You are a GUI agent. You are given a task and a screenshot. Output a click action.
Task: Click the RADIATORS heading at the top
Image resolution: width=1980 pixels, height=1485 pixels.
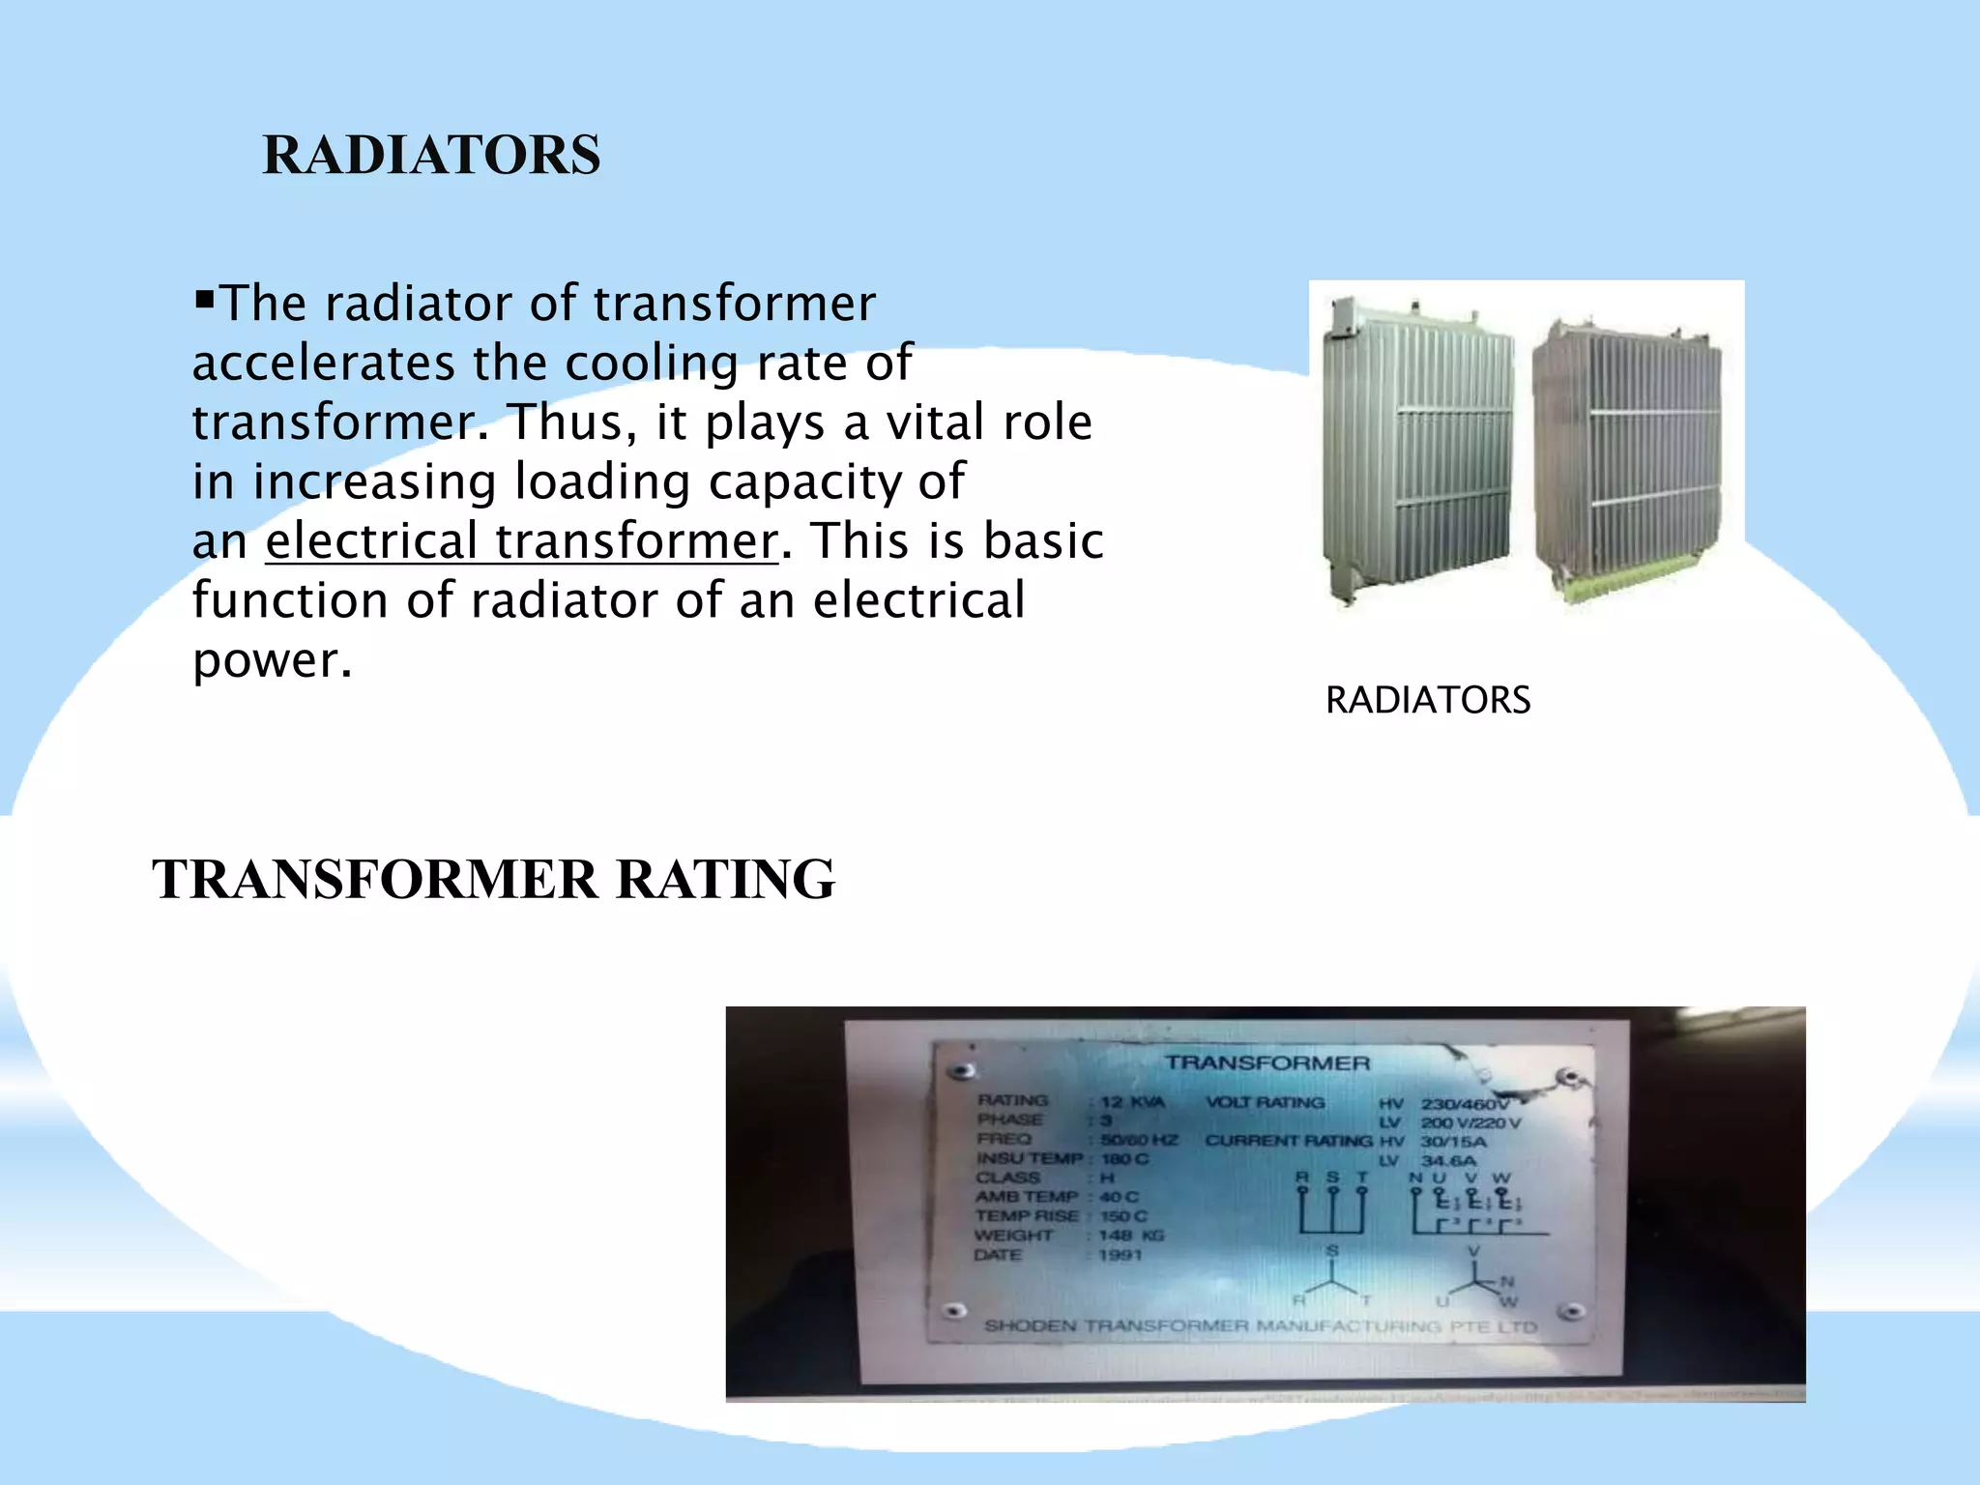click(x=431, y=155)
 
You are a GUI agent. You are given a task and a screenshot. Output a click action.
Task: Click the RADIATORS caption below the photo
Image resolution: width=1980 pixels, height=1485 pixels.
click(x=1427, y=700)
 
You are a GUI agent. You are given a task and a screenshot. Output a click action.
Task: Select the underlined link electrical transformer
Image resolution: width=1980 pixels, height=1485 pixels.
click(x=521, y=540)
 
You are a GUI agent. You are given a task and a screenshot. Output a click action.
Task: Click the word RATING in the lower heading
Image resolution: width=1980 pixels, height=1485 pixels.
click(x=724, y=879)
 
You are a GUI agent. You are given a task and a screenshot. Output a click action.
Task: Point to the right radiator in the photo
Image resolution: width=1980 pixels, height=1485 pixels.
click(x=1626, y=459)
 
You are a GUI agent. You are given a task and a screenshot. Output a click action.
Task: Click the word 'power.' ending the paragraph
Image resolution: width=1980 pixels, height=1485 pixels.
click(x=273, y=660)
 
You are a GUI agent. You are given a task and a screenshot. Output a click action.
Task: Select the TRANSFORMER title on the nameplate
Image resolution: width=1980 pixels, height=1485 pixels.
click(x=1267, y=1063)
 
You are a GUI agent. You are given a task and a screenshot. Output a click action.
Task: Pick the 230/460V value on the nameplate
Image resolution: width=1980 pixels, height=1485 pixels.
click(x=1464, y=1103)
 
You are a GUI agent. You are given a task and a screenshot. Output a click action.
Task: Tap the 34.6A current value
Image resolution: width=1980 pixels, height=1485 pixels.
click(x=1448, y=1160)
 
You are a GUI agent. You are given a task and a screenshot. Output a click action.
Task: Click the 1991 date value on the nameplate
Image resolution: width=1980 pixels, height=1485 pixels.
click(x=1120, y=1255)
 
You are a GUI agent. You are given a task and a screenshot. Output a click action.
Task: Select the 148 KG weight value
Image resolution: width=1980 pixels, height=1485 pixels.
click(x=1131, y=1236)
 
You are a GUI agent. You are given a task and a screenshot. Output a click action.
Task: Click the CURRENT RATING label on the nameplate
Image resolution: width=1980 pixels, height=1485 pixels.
click(x=1288, y=1141)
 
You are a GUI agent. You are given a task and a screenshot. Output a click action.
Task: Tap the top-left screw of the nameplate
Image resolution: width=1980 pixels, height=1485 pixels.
click(x=959, y=1071)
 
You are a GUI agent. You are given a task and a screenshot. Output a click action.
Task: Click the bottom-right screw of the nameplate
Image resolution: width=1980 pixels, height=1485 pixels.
click(x=1571, y=1312)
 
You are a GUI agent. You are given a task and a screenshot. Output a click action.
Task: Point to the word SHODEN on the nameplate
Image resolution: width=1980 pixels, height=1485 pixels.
click(x=1030, y=1325)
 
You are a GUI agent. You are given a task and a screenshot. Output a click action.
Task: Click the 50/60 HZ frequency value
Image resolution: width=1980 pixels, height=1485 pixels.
click(x=1139, y=1140)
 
